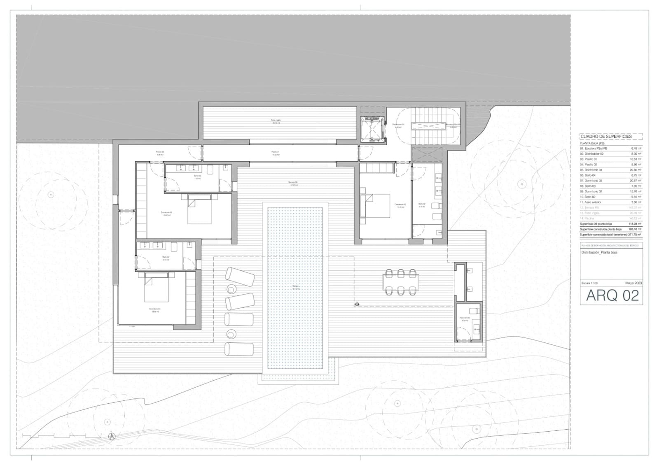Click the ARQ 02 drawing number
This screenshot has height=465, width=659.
[612, 295]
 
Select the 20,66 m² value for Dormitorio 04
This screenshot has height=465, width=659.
[634, 170]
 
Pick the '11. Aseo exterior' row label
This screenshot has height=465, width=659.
[591, 202]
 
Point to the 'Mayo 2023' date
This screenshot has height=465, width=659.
[633, 283]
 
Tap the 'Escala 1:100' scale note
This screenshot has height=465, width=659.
[589, 283]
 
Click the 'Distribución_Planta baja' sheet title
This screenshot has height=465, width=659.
[599, 253]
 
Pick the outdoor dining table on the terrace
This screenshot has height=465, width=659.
[400, 282]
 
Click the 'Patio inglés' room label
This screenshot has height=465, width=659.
[276, 121]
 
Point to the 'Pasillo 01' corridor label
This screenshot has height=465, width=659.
[276, 152]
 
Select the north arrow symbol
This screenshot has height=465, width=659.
[112, 437]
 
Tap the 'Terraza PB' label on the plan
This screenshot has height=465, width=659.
[293, 183]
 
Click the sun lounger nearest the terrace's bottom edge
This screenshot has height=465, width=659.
[239, 349]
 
